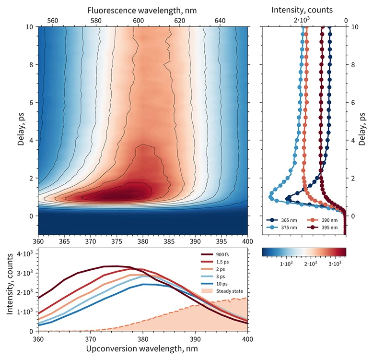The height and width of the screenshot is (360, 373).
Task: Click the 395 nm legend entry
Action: (328, 227)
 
